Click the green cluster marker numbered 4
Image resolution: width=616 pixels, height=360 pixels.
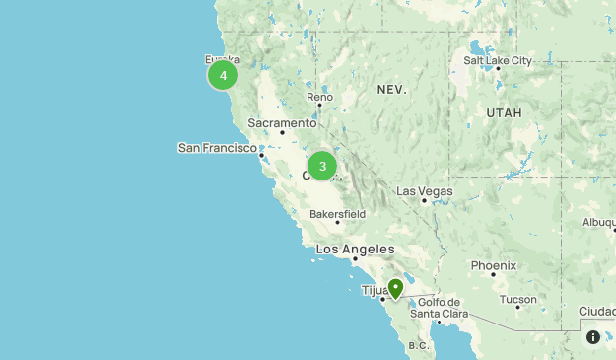point(223,75)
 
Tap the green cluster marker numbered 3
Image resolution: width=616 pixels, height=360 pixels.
point(322,166)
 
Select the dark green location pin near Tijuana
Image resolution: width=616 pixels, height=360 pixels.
point(395,288)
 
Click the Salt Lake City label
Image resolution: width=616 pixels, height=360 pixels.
point(498,60)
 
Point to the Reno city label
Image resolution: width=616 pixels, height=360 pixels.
point(320,97)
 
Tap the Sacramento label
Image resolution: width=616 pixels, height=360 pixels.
point(282,122)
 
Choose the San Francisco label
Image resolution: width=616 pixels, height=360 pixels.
point(217,147)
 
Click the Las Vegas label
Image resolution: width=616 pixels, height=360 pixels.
point(425,190)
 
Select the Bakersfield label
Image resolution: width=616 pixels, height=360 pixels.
point(337,213)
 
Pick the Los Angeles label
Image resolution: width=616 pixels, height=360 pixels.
point(355,250)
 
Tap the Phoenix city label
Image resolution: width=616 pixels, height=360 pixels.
point(493,265)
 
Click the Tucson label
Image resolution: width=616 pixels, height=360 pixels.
point(517,299)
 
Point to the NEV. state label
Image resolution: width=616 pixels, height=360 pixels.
point(391,90)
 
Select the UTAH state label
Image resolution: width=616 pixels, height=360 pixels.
point(504,113)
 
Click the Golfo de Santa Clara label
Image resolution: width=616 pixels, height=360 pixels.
point(440,308)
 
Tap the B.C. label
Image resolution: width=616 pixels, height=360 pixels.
point(419,346)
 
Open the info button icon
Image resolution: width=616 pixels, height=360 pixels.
point(593,337)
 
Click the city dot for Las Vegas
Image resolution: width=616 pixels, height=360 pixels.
point(425,200)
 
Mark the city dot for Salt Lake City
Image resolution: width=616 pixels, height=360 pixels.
point(498,69)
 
